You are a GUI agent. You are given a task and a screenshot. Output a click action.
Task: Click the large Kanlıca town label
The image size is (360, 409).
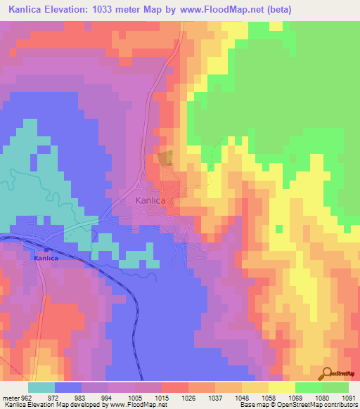click(150, 200)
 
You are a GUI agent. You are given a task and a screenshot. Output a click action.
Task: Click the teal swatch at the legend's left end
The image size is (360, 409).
click(41, 387)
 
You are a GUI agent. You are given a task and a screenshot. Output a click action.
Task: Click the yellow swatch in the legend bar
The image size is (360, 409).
click(281, 387)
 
